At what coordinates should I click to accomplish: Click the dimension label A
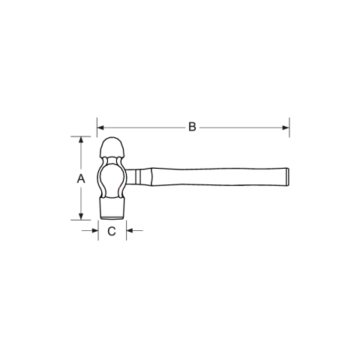click(x=81, y=178)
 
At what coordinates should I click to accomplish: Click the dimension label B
click(x=192, y=127)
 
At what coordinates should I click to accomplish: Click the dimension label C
click(x=112, y=231)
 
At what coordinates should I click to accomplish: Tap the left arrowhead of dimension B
click(x=100, y=127)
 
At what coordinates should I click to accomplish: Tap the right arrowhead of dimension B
click(x=286, y=127)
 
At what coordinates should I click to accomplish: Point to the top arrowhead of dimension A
click(x=81, y=139)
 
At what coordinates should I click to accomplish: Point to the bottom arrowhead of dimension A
click(x=81, y=217)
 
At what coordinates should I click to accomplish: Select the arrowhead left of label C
click(x=95, y=230)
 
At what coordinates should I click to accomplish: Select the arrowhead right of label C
click(x=130, y=230)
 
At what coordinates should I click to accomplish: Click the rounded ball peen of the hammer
click(x=112, y=147)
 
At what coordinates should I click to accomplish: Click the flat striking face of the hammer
click(x=112, y=218)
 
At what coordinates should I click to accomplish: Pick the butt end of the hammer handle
click(x=288, y=177)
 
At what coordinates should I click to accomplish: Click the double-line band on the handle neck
click(x=138, y=177)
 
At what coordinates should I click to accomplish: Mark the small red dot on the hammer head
click(x=120, y=187)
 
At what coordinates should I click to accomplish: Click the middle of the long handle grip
click(x=220, y=177)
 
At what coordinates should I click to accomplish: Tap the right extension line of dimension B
click(x=289, y=127)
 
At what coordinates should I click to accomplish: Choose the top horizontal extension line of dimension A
click(x=81, y=136)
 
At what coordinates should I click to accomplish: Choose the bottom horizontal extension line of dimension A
click(x=81, y=220)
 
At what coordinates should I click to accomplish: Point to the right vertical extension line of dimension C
click(x=127, y=230)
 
